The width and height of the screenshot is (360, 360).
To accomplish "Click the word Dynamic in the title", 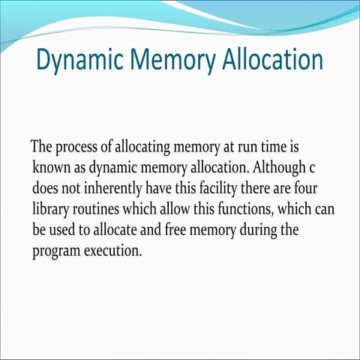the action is [x=80, y=61].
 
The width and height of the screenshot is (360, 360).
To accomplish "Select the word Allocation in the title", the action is [x=273, y=59].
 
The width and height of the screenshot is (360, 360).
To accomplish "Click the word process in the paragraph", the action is [x=76, y=148].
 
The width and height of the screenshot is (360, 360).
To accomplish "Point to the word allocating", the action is [x=142, y=147].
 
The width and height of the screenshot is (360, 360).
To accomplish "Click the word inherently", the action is [x=112, y=189].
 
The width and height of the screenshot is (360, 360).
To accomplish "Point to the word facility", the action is [x=218, y=189].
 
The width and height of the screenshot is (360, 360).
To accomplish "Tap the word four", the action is [x=306, y=188].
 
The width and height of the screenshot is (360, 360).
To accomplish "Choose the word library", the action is [x=51, y=210].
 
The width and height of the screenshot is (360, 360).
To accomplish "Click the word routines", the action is [x=96, y=210].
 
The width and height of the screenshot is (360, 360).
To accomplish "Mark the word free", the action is [x=175, y=230].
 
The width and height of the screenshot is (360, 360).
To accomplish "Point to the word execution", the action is [x=112, y=250].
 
